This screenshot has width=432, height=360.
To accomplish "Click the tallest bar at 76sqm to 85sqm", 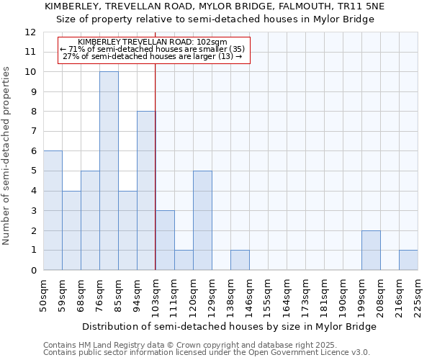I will point(109,171).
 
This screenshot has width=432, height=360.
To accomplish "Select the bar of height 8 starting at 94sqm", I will point(146,191).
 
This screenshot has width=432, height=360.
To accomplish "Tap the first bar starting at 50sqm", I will point(53,210).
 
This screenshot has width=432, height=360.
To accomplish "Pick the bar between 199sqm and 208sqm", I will point(371,250).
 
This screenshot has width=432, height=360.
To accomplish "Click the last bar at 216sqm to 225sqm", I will point(408,260).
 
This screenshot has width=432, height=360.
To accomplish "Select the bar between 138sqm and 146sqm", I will point(240,260).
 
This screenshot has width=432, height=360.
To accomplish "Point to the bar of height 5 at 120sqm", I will point(202,220).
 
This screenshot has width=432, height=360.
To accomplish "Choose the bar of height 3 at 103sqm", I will point(165,240).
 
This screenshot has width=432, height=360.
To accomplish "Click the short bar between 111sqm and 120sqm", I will point(184,260).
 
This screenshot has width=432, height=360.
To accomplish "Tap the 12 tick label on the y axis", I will point(30,32).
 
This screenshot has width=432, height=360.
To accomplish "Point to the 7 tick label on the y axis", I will point(33,132).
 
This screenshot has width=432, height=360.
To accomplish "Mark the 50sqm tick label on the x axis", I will point(43,292).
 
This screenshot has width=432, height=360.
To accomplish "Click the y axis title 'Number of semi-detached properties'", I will point(6,155).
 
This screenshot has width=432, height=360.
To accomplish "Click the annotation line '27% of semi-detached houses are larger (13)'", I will point(153,56).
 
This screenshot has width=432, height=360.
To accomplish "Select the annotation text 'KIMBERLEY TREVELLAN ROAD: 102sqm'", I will point(153,42).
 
